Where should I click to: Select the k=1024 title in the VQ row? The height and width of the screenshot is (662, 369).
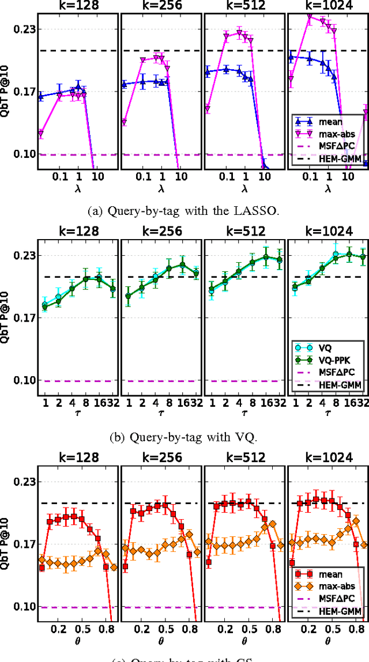click(x=327, y=232)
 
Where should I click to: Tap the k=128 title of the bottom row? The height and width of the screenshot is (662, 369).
click(x=78, y=458)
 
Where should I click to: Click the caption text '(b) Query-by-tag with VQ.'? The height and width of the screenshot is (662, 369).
click(x=183, y=437)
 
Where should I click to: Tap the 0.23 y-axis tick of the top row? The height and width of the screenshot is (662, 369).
click(x=22, y=29)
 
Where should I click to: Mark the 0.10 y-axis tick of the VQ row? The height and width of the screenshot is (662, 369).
click(x=22, y=380)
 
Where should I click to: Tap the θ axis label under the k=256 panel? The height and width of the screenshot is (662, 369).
click(x=161, y=640)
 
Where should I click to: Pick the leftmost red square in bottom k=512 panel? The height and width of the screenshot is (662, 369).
click(x=208, y=562)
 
